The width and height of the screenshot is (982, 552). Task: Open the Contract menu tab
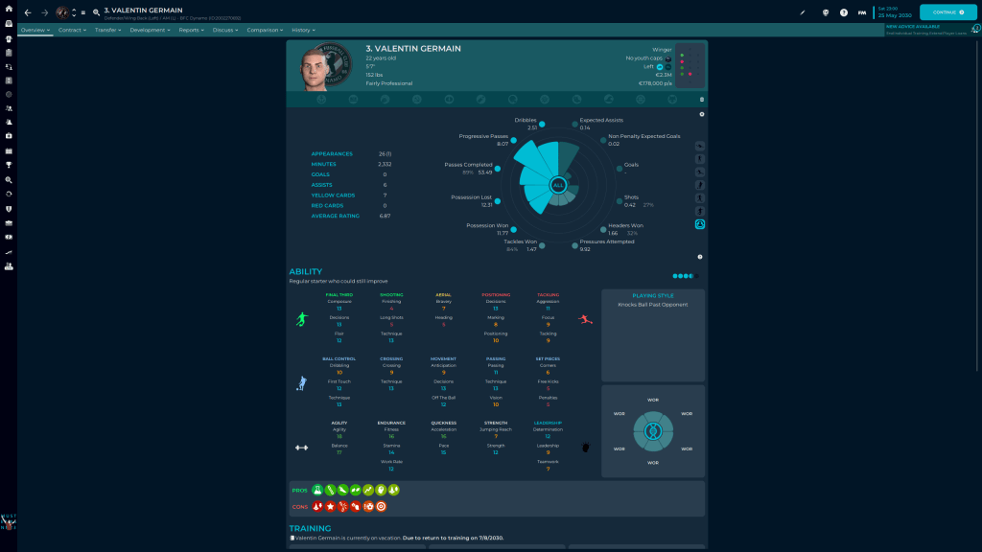click(x=70, y=30)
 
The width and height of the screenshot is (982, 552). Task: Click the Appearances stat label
click(x=332, y=153)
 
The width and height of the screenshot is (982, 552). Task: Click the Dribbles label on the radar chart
click(x=525, y=120)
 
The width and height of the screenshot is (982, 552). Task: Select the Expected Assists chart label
click(x=600, y=120)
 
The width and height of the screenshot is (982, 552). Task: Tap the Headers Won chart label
click(x=625, y=225)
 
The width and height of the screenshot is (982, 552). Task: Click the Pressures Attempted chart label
click(x=606, y=241)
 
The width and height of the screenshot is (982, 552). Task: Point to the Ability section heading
click(x=305, y=271)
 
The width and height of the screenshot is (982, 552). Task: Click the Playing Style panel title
click(x=652, y=295)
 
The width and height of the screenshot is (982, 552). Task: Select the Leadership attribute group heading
click(x=548, y=422)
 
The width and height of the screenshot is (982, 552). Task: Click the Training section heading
click(x=310, y=527)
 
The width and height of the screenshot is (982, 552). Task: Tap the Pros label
click(x=299, y=490)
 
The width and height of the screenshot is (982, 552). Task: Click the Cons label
click(x=299, y=506)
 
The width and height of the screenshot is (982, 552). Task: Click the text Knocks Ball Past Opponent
click(x=652, y=305)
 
